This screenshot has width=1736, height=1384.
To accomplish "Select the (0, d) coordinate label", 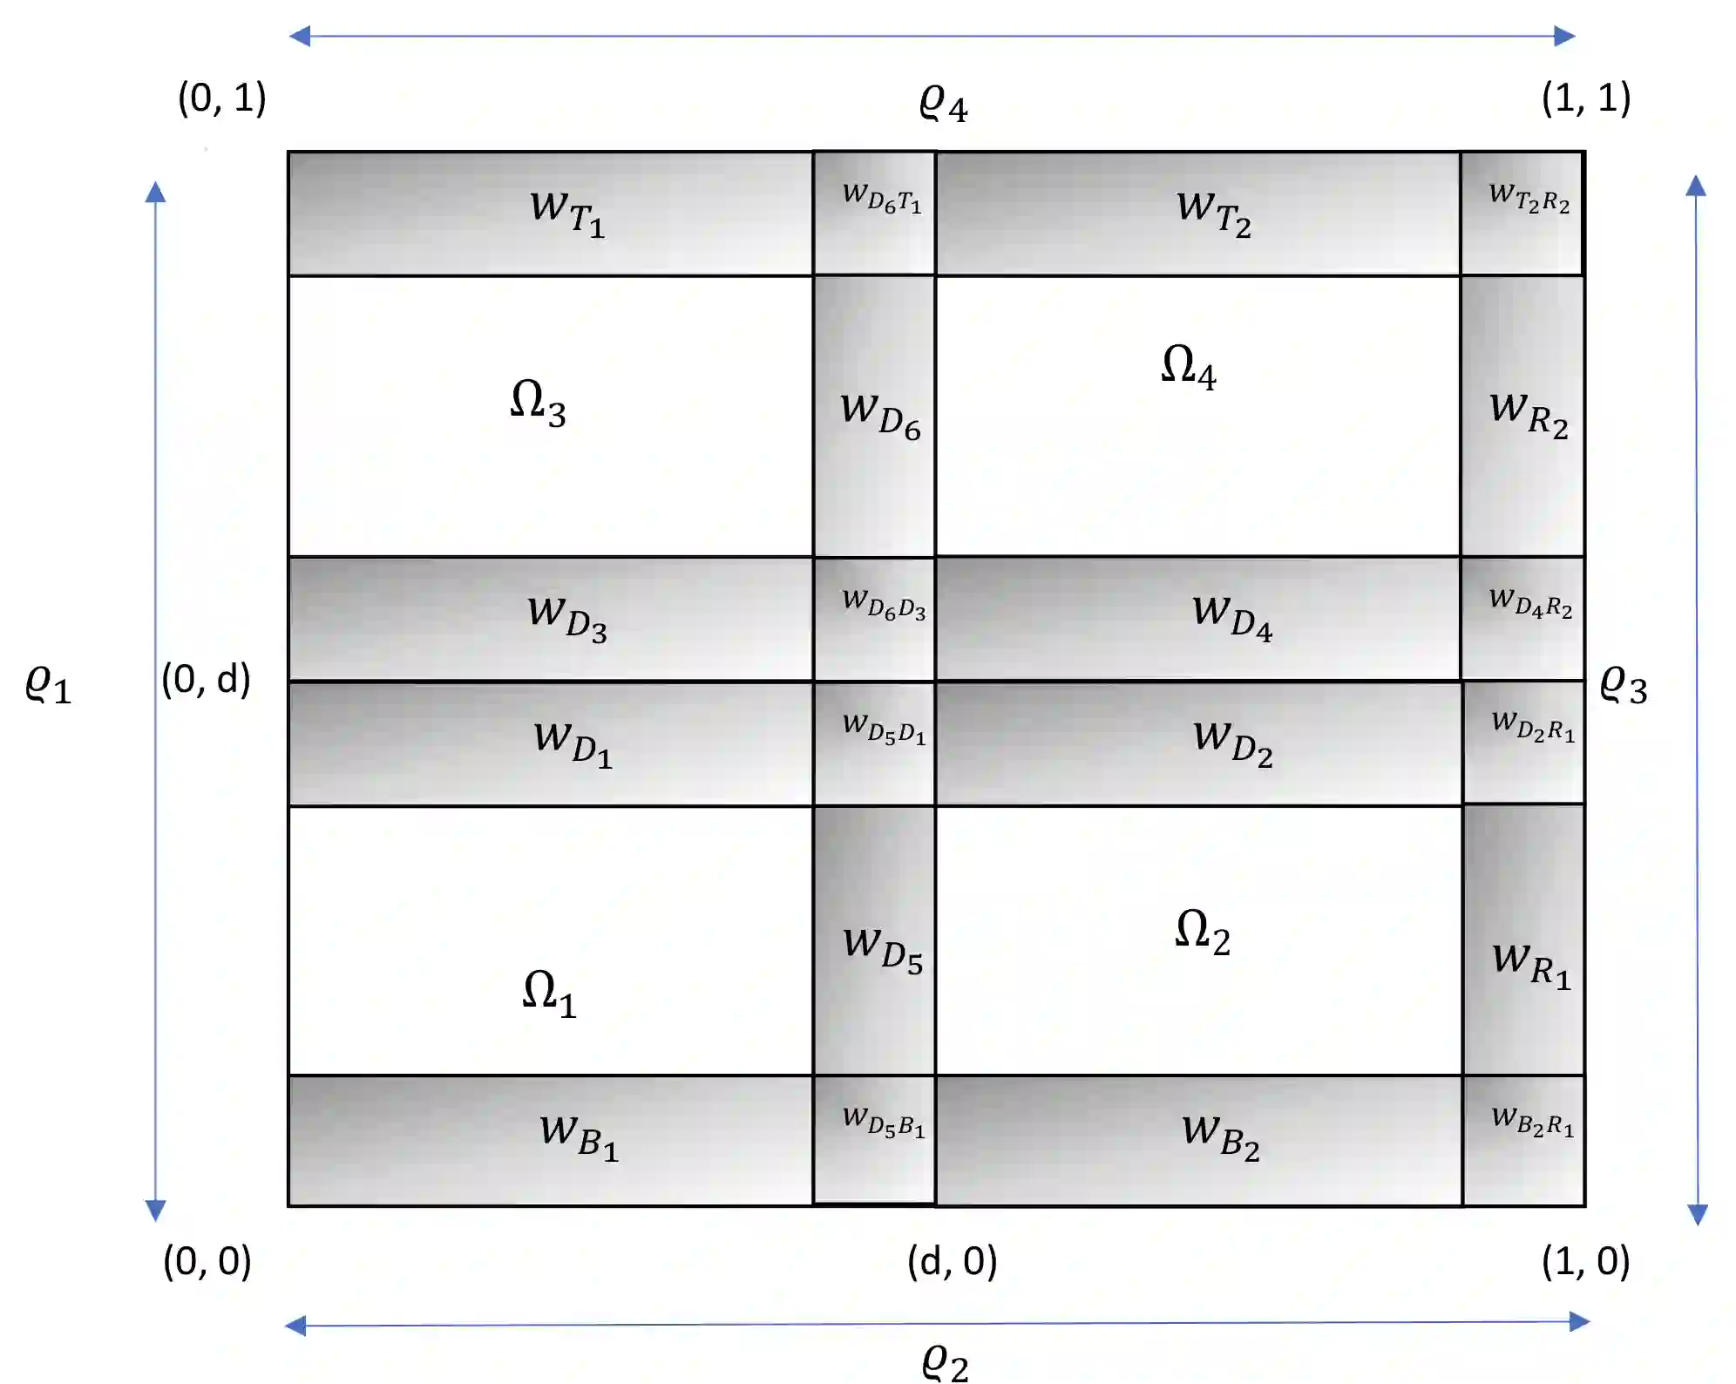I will tap(207, 679).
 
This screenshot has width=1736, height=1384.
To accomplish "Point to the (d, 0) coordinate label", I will tap(952, 1261).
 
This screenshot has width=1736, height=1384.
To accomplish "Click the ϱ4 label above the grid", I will tap(943, 105).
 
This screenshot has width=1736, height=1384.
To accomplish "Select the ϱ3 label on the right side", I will tap(1623, 685).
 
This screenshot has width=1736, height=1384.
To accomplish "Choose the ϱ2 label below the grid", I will tap(945, 1361).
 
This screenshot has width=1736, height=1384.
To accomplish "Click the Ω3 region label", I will tap(538, 403).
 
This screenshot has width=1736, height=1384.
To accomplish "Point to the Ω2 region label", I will tap(1202, 932).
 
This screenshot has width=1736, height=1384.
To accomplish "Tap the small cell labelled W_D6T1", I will tap(875, 214).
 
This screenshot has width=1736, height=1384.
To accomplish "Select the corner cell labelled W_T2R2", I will tap(1522, 214).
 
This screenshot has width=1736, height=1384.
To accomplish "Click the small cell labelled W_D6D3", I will tap(875, 619).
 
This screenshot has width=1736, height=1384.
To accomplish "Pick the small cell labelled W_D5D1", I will tap(875, 743).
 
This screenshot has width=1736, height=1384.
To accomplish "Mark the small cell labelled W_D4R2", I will tap(1522, 619).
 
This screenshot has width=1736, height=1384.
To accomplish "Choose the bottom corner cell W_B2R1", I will tap(1523, 1140).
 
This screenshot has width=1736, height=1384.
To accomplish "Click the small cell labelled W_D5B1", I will tap(875, 1140).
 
